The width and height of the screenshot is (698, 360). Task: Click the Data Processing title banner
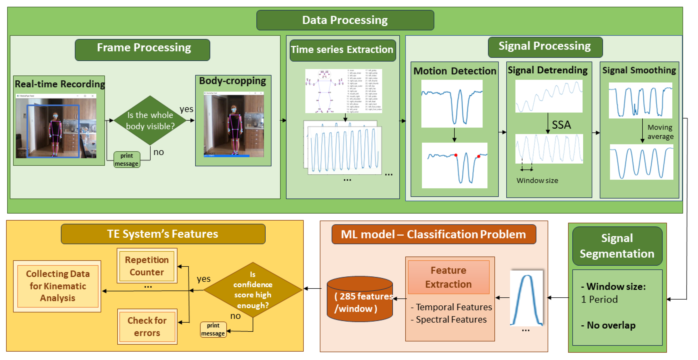345,20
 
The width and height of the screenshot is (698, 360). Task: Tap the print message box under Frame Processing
127,160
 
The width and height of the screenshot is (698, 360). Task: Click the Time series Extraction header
342,50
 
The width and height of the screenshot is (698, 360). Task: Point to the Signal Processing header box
545,47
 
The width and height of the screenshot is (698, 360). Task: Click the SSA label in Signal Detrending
561,125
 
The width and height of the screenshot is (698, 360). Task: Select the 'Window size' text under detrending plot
537,181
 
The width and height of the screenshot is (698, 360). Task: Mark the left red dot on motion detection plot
456,155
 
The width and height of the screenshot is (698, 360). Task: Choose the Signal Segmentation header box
617,246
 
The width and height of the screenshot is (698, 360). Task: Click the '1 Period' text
599,299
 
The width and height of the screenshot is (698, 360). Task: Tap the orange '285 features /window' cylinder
360,301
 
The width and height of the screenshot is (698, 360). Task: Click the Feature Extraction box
448,277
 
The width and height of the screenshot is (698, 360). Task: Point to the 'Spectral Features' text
451,320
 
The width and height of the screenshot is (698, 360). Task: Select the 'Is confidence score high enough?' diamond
253,290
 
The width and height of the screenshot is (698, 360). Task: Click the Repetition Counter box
147,266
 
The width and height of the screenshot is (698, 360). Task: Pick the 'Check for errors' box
147,326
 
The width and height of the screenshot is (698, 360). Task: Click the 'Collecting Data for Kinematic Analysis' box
58,286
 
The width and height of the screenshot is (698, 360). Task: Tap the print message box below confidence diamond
213,329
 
